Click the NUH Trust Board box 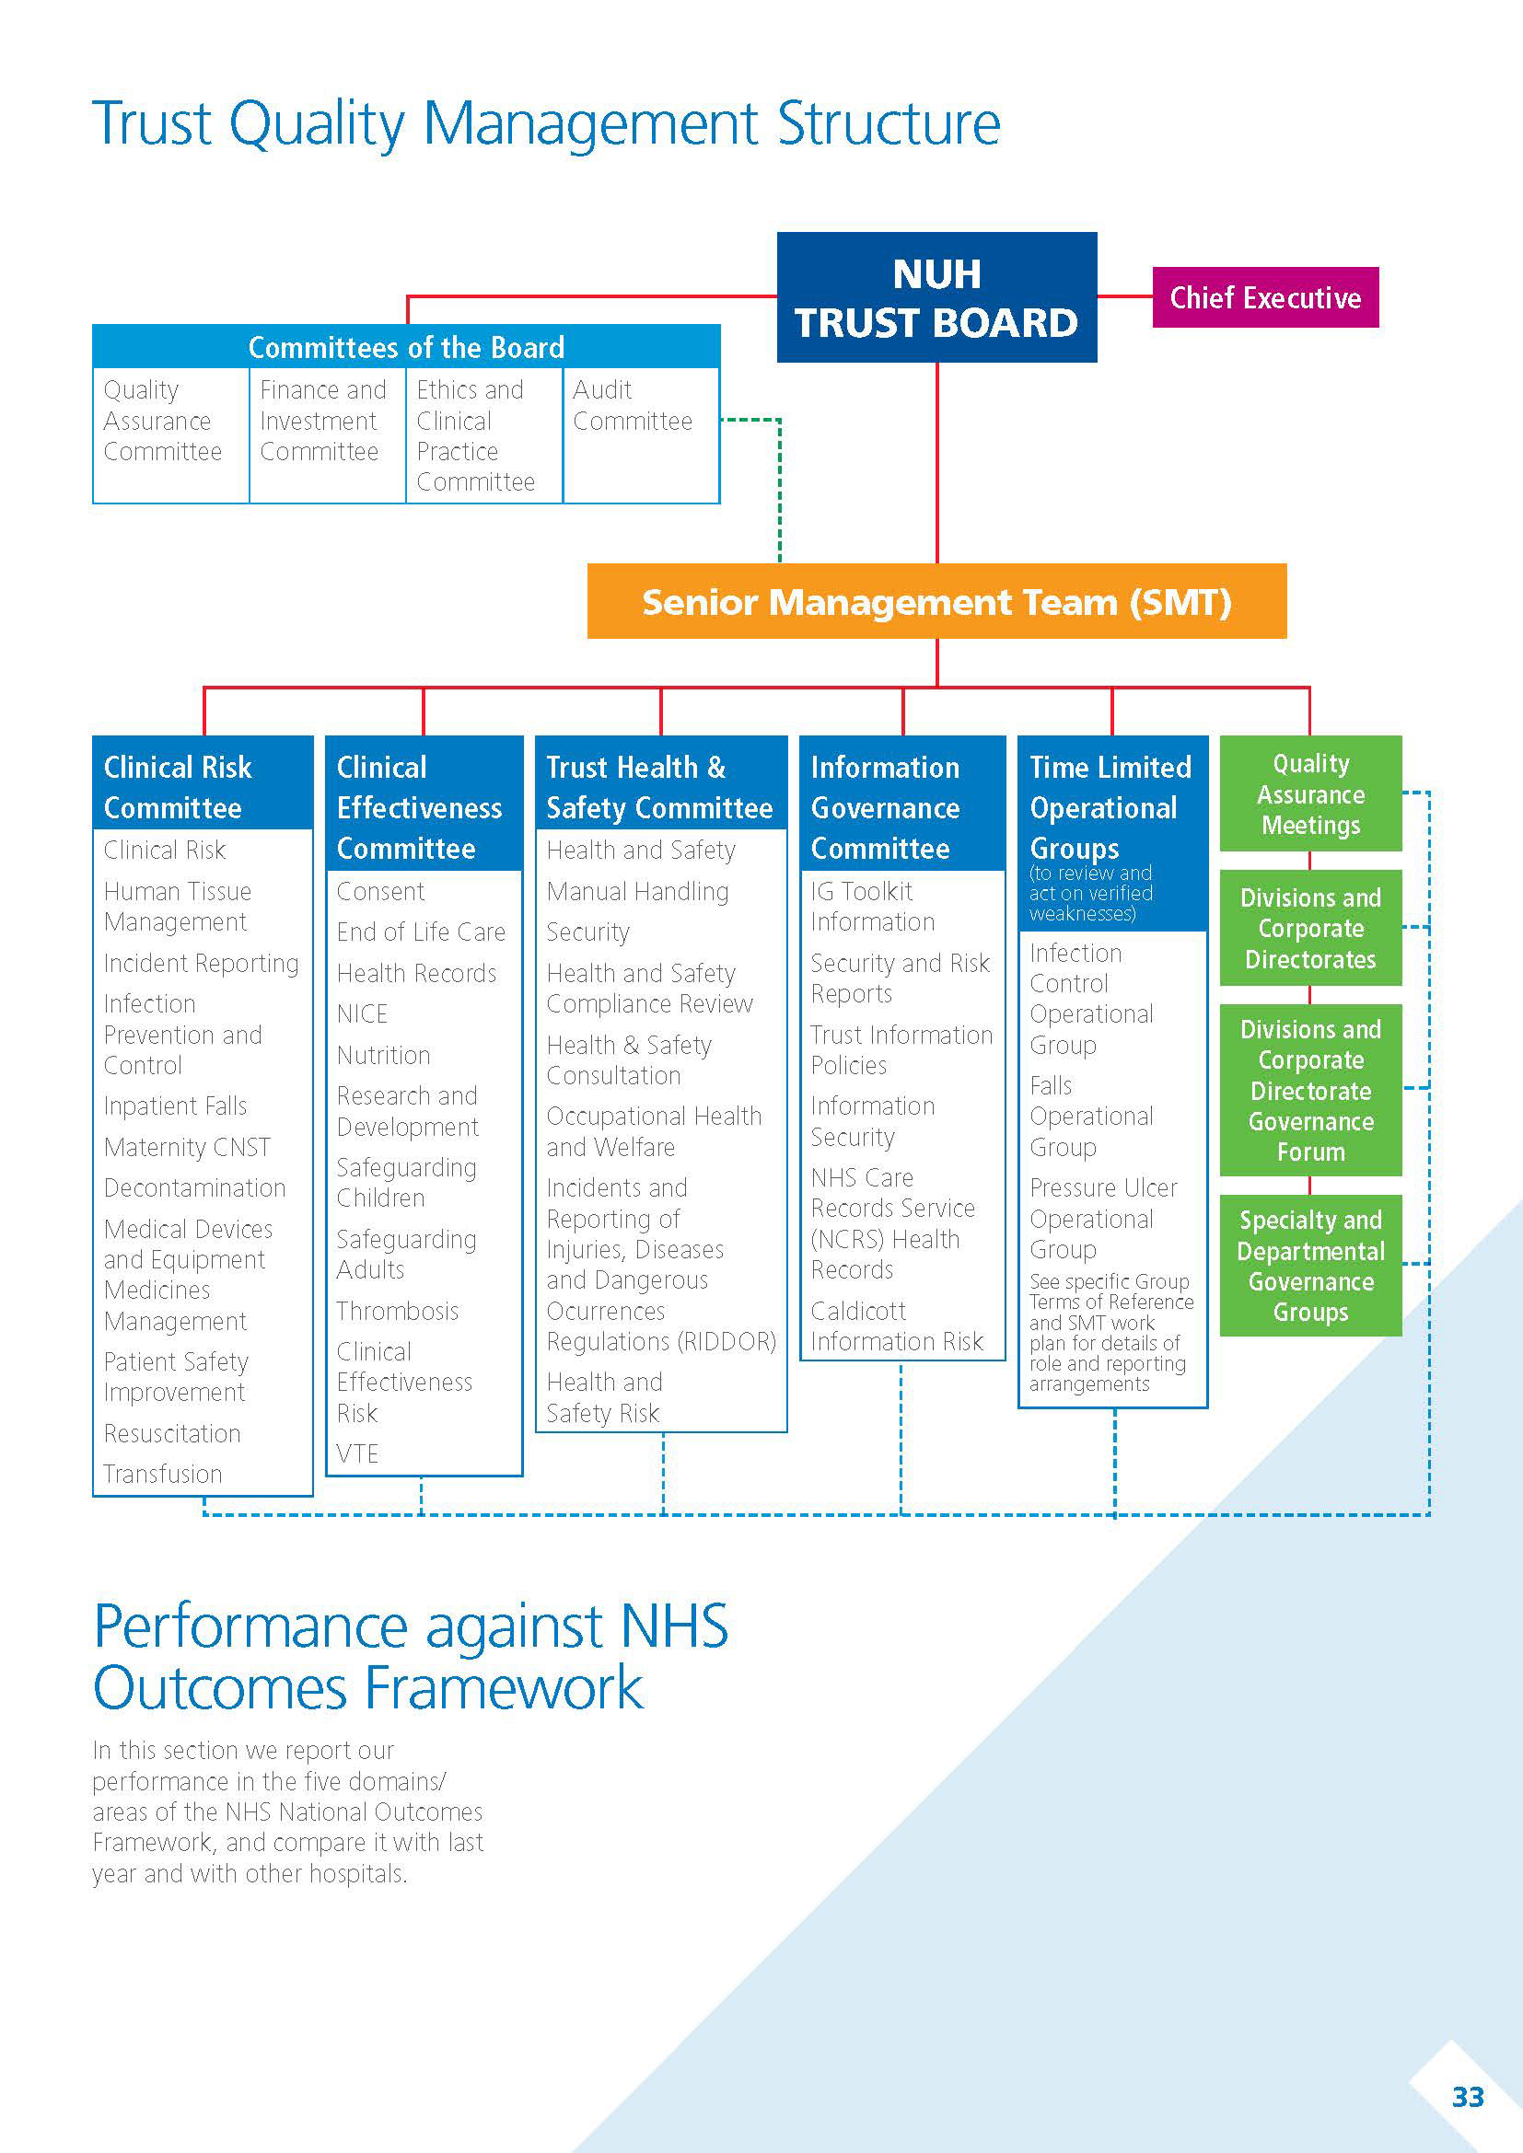point(936,297)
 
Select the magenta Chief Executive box point(1264,297)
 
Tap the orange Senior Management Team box point(936,601)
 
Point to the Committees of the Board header point(406,347)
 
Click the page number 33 point(1467,2096)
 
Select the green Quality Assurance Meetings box point(1310,794)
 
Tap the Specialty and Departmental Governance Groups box point(1310,1265)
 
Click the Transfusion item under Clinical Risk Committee point(163,1473)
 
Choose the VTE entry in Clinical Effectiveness point(357,1453)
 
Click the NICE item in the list point(362,1013)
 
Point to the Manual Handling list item point(637,891)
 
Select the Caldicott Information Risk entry point(897,1325)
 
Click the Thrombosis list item point(398,1310)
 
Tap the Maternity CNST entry point(188,1147)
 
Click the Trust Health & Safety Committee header point(659,787)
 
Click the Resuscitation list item point(172,1433)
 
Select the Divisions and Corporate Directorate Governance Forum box point(1310,1090)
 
